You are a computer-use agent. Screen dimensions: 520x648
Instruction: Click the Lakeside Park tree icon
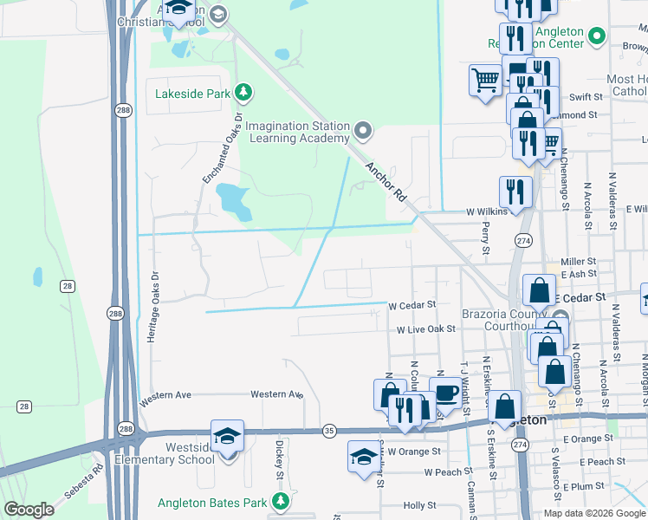pyautogui.click(x=245, y=92)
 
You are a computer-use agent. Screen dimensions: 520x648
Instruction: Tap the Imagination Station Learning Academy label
pyautogui.click(x=296, y=132)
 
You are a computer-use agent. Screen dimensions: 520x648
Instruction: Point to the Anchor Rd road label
pyautogui.click(x=386, y=184)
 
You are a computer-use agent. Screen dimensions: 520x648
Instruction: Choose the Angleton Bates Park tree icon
pyautogui.click(x=280, y=501)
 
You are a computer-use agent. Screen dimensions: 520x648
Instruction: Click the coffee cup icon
pyautogui.click(x=446, y=392)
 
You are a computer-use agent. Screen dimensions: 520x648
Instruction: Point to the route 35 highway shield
pyautogui.click(x=329, y=430)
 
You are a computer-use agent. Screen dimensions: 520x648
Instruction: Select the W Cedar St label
pyautogui.click(x=411, y=306)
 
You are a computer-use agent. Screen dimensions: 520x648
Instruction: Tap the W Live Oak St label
pyautogui.click(x=425, y=330)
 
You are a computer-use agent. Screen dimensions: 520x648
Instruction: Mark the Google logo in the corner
pyautogui.click(x=29, y=510)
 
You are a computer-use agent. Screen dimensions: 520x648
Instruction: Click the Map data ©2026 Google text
pyautogui.click(x=593, y=513)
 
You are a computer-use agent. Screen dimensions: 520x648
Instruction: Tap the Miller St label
pyautogui.click(x=579, y=261)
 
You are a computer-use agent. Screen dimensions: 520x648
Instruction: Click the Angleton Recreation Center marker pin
pyautogui.click(x=595, y=36)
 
